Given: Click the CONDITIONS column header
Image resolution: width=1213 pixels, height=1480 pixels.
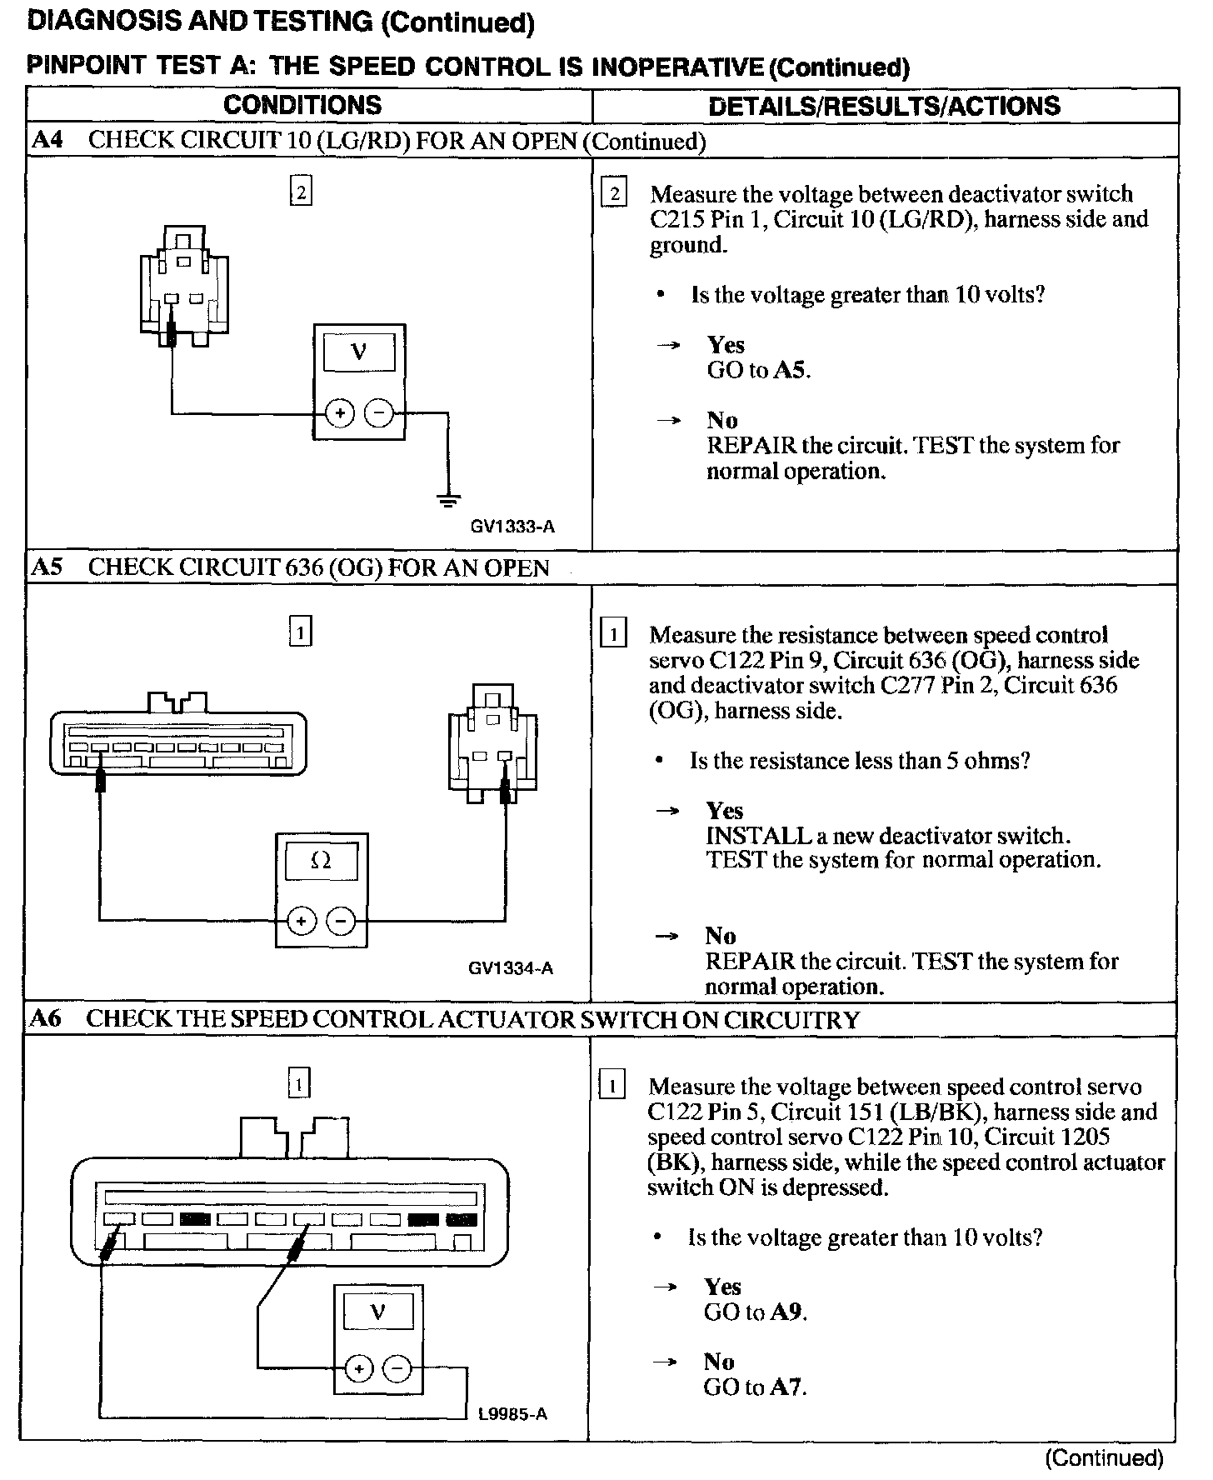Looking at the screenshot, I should tap(302, 105).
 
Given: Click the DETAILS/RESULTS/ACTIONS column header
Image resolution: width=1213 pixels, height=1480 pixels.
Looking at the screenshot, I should tap(884, 106).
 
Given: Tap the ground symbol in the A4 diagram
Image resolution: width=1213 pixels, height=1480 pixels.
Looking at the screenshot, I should tap(448, 500).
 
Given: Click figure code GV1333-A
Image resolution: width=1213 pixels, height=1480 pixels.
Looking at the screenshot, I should tap(512, 527).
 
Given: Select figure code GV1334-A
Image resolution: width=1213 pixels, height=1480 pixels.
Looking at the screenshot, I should tap(511, 967).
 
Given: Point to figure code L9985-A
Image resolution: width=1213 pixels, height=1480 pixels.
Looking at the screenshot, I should tap(512, 1414).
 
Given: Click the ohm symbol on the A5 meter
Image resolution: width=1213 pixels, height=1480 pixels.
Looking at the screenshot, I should tap(321, 861).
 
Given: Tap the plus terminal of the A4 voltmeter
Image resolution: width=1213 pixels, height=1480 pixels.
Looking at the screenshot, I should tap(340, 413).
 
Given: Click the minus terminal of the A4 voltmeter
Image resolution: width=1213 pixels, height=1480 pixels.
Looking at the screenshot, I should tap(379, 413).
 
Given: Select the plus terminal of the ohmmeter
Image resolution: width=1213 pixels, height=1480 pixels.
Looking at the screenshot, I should tap(301, 921).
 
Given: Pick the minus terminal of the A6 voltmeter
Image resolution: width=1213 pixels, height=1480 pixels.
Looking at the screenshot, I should tap(397, 1368).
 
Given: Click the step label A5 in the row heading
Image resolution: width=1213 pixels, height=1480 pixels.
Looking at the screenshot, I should tap(47, 567).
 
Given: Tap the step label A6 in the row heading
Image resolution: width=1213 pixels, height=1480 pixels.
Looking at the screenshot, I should tap(46, 1019).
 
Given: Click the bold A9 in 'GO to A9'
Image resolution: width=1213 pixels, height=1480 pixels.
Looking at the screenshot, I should tap(787, 1312).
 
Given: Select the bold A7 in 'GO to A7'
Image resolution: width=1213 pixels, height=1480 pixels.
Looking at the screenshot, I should tap(787, 1387).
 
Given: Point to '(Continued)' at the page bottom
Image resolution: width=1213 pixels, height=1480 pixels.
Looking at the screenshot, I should tap(1104, 1457).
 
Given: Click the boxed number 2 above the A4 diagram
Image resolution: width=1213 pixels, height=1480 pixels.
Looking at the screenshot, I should tap(301, 192).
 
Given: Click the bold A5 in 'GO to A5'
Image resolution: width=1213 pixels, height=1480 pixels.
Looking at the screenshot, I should tap(791, 370).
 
